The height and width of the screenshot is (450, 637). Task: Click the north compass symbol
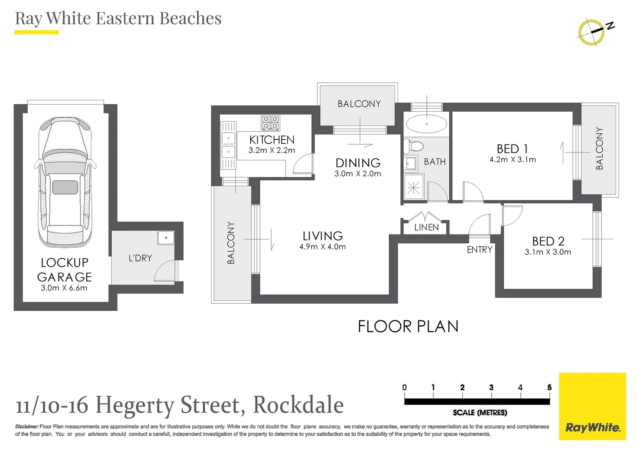(592, 32)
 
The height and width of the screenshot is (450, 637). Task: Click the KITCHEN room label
(272, 140)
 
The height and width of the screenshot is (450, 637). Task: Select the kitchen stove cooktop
(270, 123)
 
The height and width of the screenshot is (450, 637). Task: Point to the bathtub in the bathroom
(426, 124)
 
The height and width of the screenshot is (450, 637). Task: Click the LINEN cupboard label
(426, 227)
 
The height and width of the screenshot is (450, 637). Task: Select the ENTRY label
(479, 250)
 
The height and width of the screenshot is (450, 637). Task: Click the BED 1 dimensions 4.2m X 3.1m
(512, 160)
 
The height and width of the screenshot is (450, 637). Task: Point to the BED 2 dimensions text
(548, 252)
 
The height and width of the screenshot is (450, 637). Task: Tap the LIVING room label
(322, 236)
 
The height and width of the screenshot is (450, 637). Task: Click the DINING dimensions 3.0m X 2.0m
(358, 174)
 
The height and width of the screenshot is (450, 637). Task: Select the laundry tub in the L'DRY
(166, 237)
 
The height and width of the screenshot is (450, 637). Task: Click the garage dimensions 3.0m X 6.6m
(64, 288)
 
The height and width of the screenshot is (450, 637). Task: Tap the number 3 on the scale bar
(491, 387)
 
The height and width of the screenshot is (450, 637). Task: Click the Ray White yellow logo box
(592, 406)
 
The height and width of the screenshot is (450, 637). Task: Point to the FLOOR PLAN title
(408, 326)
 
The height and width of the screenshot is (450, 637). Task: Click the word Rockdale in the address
(298, 405)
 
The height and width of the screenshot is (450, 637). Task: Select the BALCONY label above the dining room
(359, 104)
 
